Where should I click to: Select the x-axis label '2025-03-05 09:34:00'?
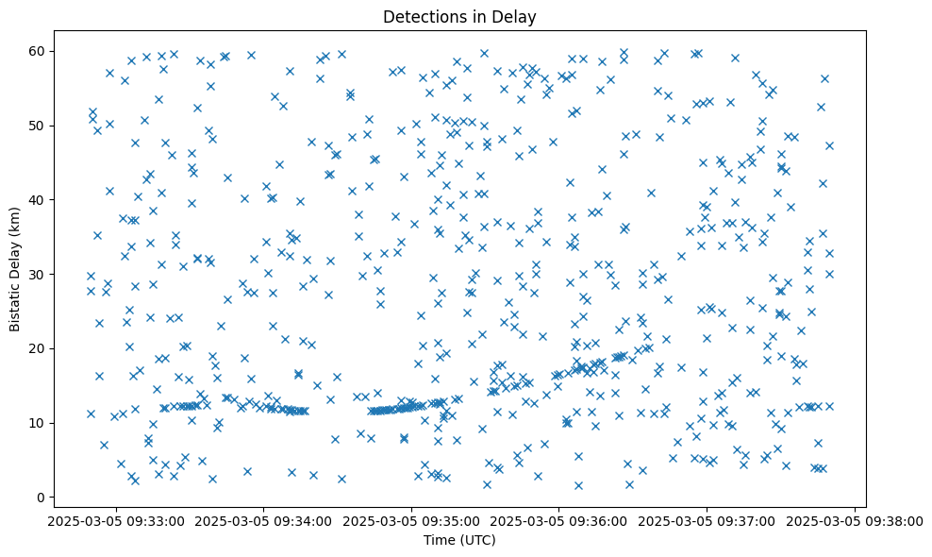(x=263, y=520)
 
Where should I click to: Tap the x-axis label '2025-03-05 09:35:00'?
(x=411, y=520)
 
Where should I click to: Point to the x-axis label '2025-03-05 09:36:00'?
(x=558, y=520)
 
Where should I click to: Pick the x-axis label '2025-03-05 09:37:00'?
(x=707, y=520)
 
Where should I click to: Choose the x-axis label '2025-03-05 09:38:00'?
(x=854, y=520)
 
